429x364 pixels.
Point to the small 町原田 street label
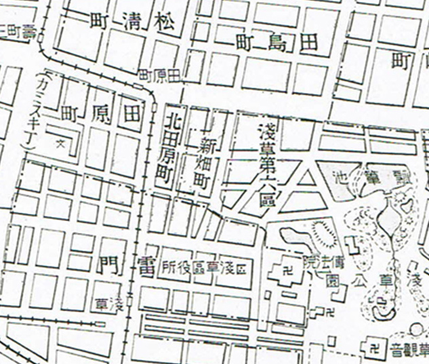pyautogui.click(x=159, y=75)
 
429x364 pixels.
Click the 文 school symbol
pyautogui.click(x=60, y=143)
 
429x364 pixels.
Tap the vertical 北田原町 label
pyautogui.click(x=173, y=148)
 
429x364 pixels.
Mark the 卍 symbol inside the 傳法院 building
pyautogui.click(x=285, y=269)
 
